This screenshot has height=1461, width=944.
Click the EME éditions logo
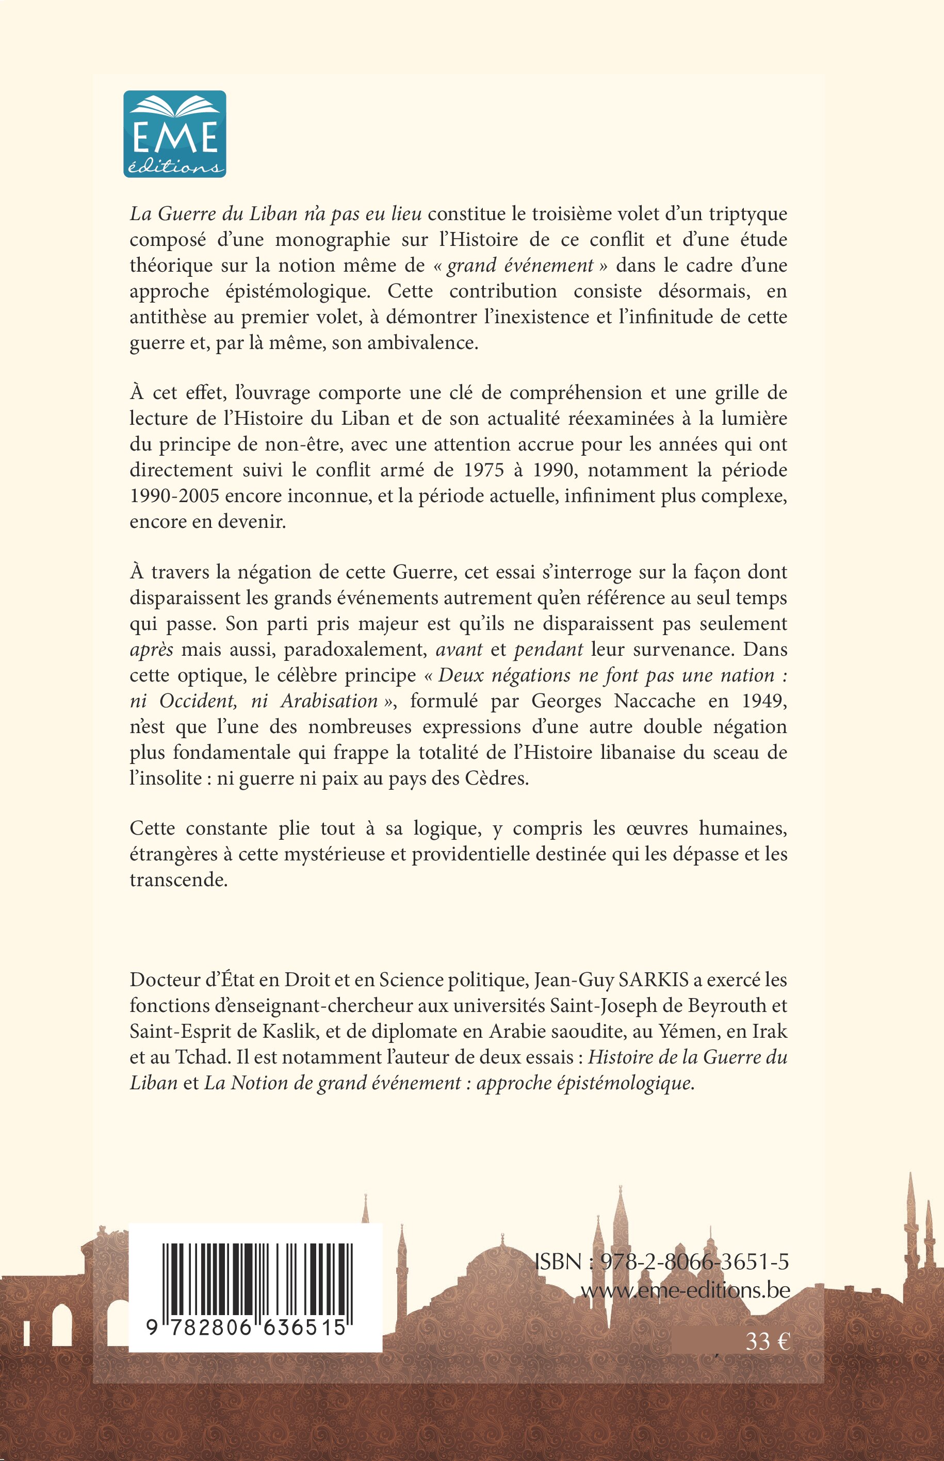point(175,134)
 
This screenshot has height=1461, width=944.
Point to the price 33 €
point(767,1341)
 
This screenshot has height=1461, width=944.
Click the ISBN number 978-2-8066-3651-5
point(694,1262)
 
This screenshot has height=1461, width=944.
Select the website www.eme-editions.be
point(685,1289)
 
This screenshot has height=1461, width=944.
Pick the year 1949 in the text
point(764,701)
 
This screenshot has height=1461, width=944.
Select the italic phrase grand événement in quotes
point(520,265)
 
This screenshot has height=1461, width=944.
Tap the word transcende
point(178,879)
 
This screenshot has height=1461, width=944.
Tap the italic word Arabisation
point(329,701)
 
